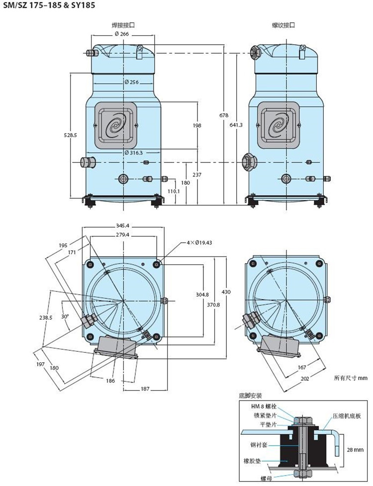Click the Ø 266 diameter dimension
122,34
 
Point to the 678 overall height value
223,115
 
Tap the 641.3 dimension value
236,125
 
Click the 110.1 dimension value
174,191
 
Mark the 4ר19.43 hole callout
199,243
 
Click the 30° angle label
64,317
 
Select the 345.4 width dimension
123,226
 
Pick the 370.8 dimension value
213,305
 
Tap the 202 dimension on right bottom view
305,379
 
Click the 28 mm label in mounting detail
355,450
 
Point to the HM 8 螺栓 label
264,406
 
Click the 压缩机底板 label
347,416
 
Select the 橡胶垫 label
252,461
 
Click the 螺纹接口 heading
283,25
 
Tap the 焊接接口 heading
123,25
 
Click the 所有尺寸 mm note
350,378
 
